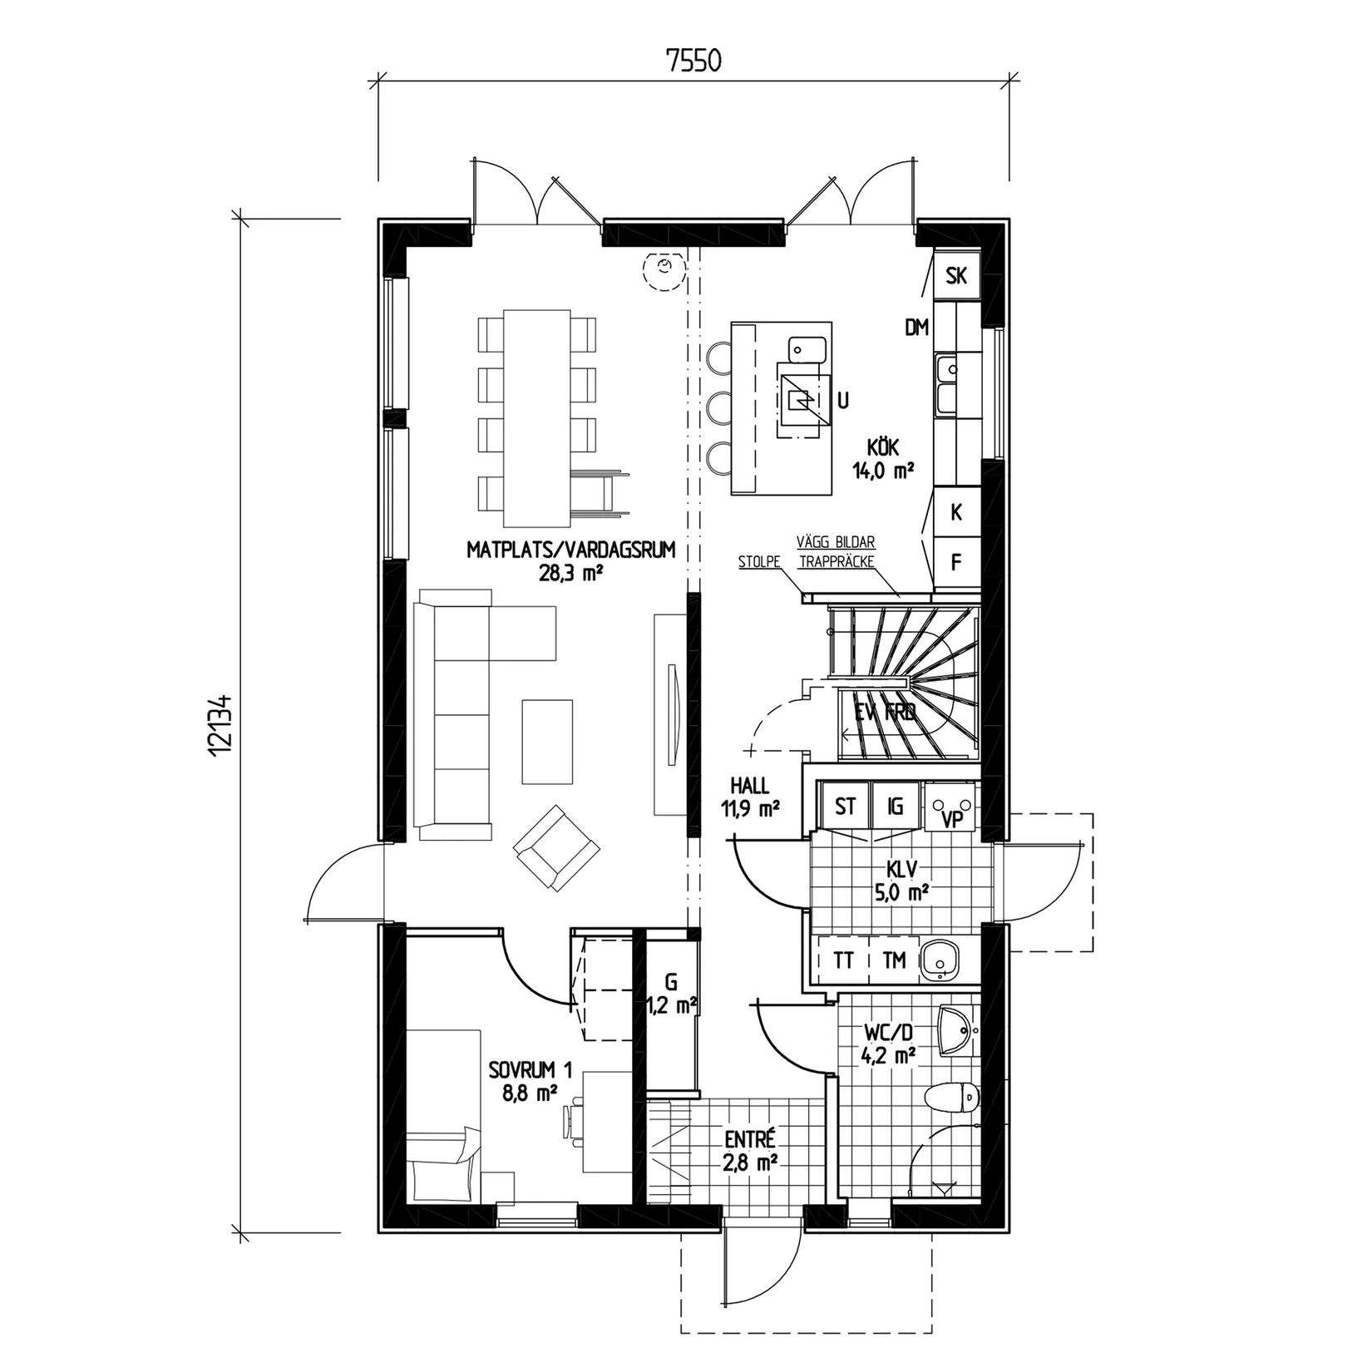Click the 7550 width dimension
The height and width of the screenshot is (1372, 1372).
tap(693, 62)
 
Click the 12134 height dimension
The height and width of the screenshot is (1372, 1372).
tap(220, 724)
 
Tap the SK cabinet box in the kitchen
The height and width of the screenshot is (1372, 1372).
tap(956, 276)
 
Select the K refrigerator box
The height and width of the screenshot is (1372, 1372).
tap(955, 513)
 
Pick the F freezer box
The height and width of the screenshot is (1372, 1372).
tap(955, 563)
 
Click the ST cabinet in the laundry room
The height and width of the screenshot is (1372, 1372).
tap(845, 807)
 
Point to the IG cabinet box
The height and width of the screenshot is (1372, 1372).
tap(896, 807)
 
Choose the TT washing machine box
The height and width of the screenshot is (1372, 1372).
tap(843, 960)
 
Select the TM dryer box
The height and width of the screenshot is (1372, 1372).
tap(894, 960)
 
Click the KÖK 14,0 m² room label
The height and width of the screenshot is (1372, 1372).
tap(883, 460)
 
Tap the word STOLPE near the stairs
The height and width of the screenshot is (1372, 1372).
tap(758, 562)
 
